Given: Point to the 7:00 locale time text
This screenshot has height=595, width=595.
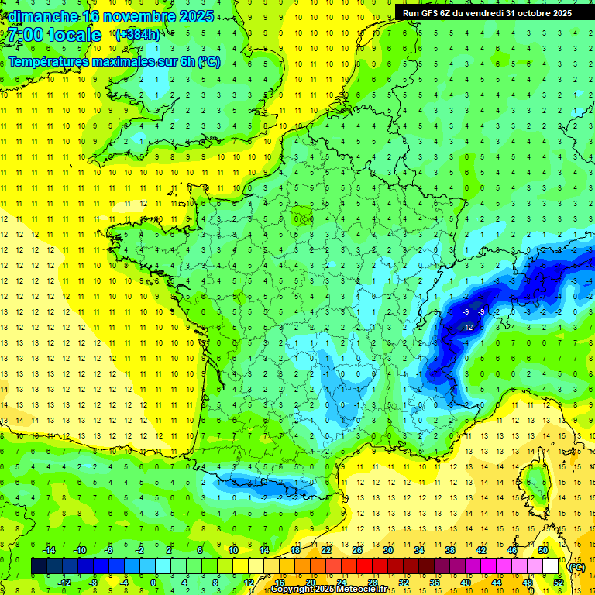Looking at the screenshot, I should click(x=55, y=35).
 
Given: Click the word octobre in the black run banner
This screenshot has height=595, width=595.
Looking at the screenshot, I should click(x=527, y=12).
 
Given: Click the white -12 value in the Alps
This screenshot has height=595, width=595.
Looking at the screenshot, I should click(x=467, y=328).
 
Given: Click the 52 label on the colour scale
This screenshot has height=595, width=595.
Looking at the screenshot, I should click(x=558, y=583).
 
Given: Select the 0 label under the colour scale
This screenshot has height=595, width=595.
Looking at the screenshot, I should click(x=154, y=583).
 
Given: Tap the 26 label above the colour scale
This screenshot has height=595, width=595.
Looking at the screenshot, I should click(x=356, y=549).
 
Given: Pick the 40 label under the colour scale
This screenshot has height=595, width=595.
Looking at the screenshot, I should click(x=465, y=583).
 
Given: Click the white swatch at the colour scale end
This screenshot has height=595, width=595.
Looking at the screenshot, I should click(x=550, y=566).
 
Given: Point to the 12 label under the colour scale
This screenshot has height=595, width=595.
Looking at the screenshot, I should click(x=248, y=583).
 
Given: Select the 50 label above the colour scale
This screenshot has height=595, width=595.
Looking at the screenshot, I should click(x=542, y=549).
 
